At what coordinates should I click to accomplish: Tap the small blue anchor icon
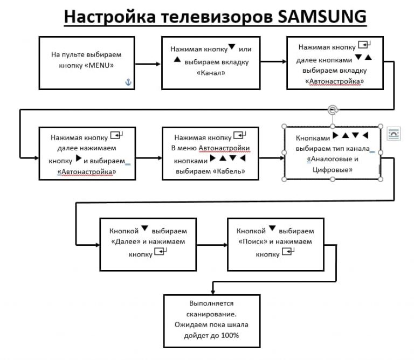tap(128, 82)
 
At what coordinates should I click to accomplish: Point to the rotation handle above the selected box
tap(333, 110)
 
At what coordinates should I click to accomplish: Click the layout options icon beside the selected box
tap(392, 133)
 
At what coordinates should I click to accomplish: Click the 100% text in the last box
tap(229, 335)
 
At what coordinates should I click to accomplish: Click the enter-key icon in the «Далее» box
tap(160, 251)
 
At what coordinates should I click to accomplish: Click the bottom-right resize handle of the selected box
tap(381, 178)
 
